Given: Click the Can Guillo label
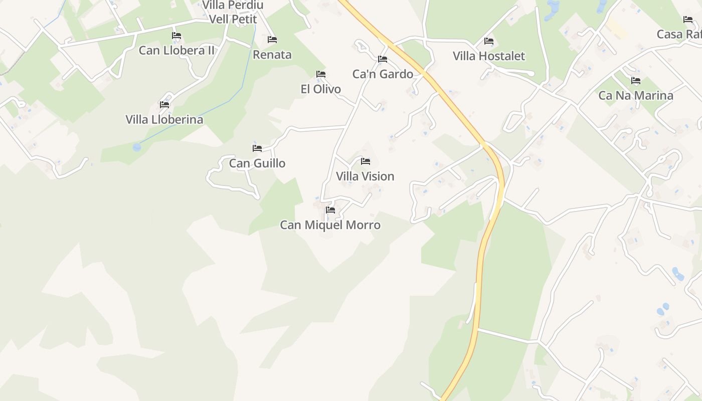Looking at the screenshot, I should [257, 163].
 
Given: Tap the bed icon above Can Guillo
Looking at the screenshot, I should [257, 148].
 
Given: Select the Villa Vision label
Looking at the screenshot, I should [365, 176].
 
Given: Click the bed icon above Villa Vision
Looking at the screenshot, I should [366, 161].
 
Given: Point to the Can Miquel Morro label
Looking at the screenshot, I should [330, 225].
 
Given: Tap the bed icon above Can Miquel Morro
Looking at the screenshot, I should [330, 210].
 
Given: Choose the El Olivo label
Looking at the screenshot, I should [320, 89].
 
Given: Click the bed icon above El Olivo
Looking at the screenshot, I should [321, 74].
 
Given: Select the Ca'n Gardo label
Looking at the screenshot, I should [383, 74].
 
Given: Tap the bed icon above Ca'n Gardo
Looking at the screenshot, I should [383, 59].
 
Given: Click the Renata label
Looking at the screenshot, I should [272, 55].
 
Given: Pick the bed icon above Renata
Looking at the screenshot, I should [272, 40].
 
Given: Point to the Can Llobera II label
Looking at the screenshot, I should [177, 51].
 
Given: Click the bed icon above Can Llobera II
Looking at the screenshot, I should [177, 36].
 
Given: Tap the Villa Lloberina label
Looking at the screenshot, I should [164, 120].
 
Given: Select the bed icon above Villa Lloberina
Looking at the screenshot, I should [164, 105].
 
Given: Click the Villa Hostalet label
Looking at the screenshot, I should [489, 56].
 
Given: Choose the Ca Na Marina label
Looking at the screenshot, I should [636, 95].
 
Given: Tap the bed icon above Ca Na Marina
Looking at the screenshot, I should [636, 80].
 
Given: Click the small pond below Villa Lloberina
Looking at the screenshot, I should [137, 147].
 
